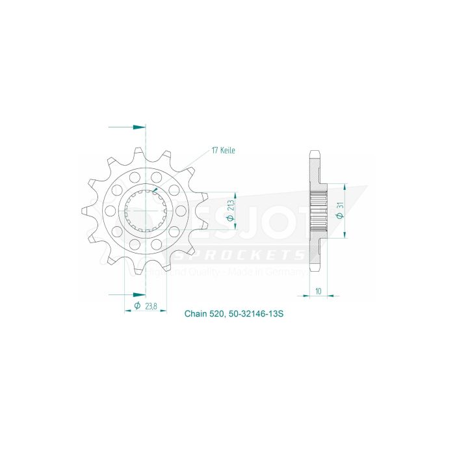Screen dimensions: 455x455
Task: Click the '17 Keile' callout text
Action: click(x=223, y=150)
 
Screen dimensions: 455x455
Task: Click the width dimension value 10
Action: click(x=317, y=291)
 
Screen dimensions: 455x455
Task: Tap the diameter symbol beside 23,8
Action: click(x=138, y=305)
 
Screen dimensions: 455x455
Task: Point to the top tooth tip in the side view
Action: click(x=315, y=155)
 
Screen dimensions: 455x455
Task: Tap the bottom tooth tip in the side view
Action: click(x=315, y=268)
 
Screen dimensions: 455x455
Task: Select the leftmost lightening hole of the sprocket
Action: click(x=110, y=211)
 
